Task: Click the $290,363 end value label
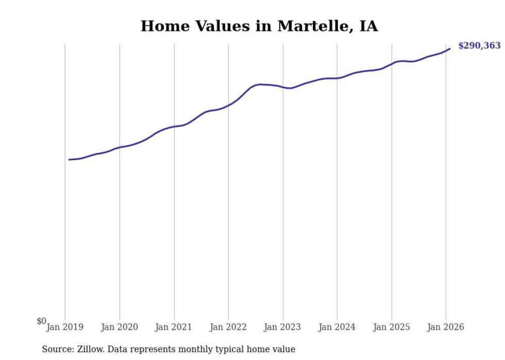click(x=479, y=46)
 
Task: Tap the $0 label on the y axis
click(x=41, y=321)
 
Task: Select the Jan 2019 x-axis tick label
click(x=65, y=327)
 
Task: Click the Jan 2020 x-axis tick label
click(x=120, y=327)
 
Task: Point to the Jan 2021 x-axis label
click(x=174, y=327)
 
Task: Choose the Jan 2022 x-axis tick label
click(x=228, y=327)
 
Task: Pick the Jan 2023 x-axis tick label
click(x=283, y=327)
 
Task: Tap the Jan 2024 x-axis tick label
click(x=337, y=327)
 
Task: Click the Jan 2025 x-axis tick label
click(x=392, y=327)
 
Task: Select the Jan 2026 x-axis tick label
click(x=446, y=327)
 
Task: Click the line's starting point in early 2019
click(x=69, y=160)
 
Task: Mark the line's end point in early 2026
click(x=450, y=49)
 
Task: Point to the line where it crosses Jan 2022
click(x=228, y=105)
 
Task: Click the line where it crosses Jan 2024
click(x=337, y=78)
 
